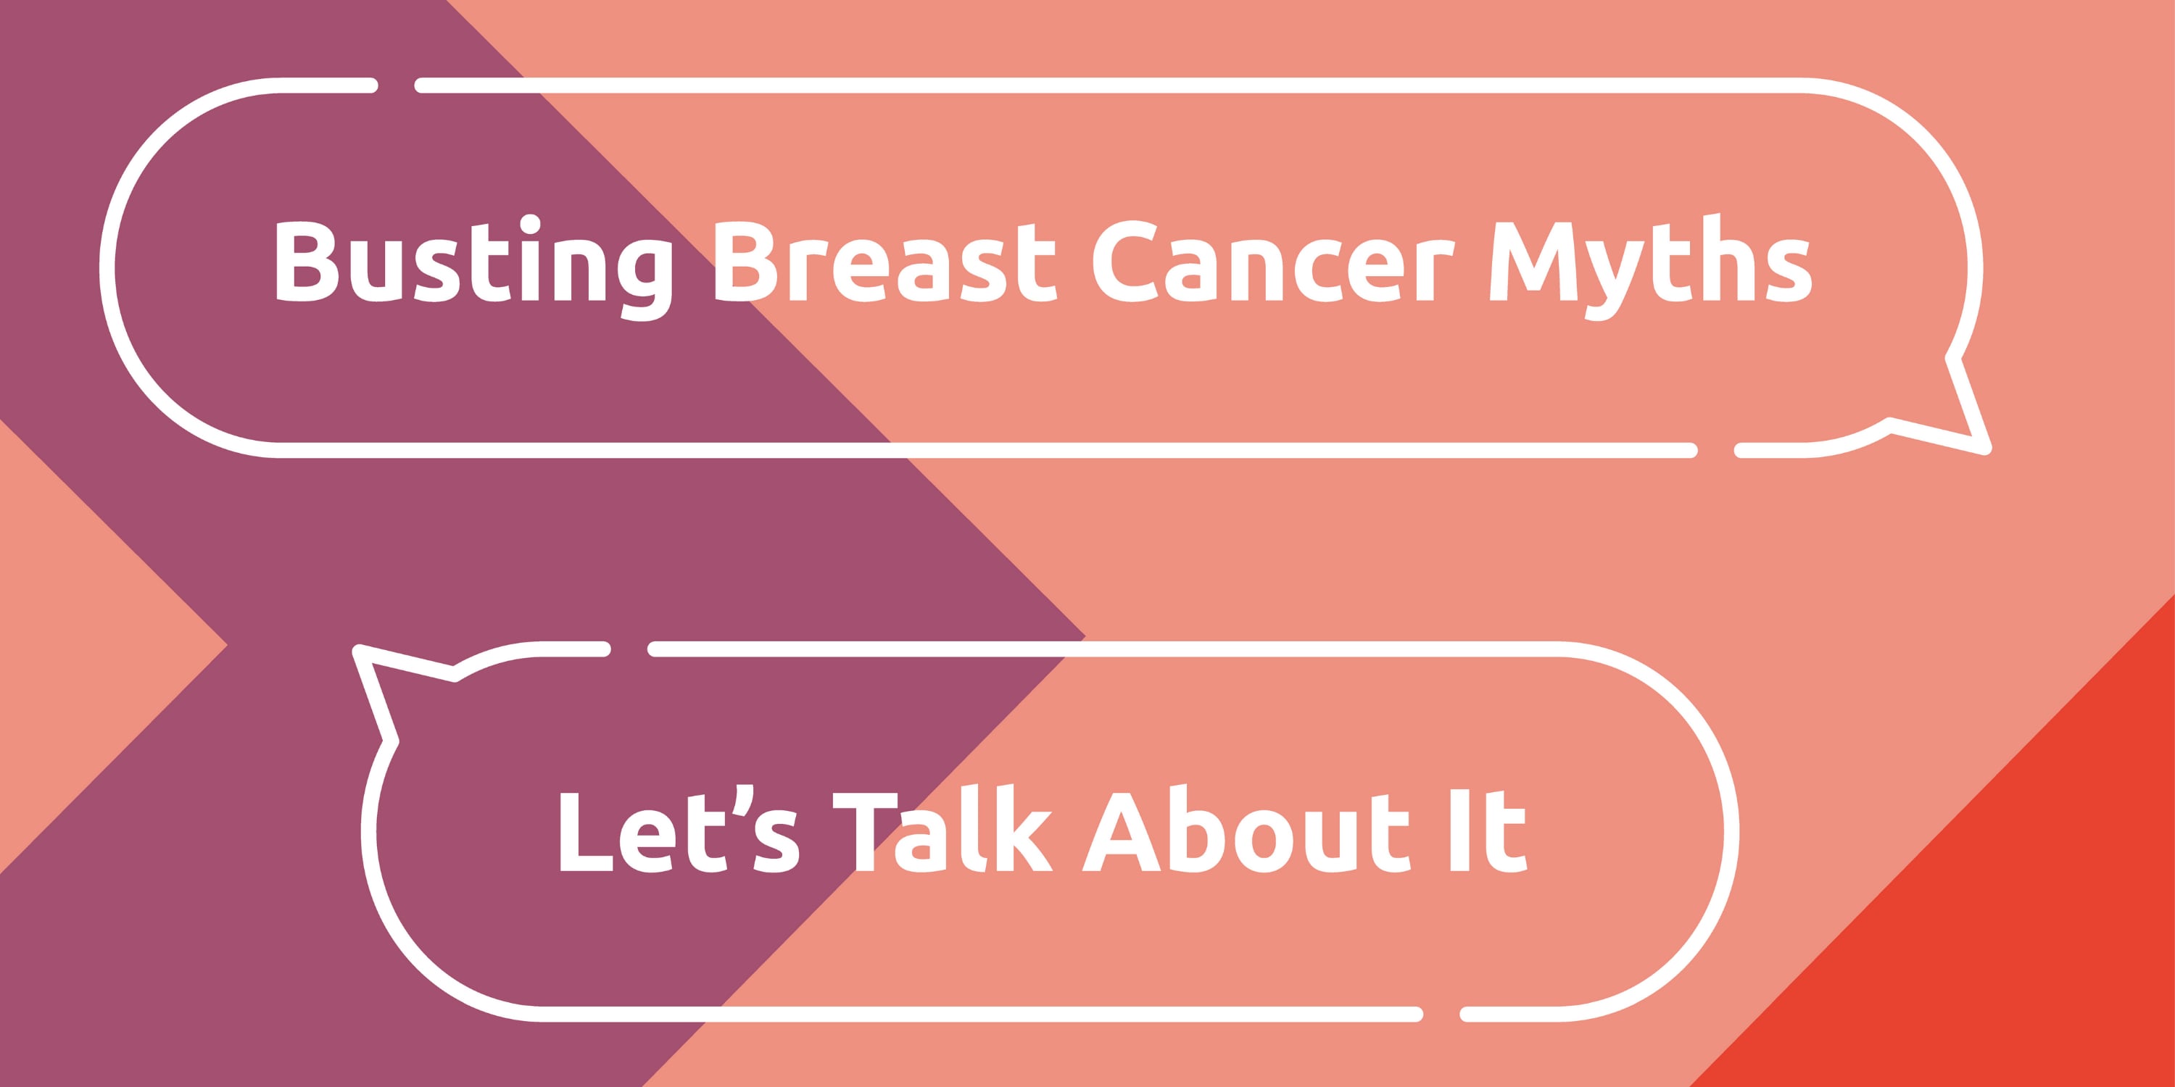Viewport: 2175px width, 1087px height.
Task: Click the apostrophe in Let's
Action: point(742,801)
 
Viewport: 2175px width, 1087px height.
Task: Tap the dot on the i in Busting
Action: point(530,225)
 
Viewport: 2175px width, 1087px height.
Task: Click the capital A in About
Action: point(1123,831)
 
